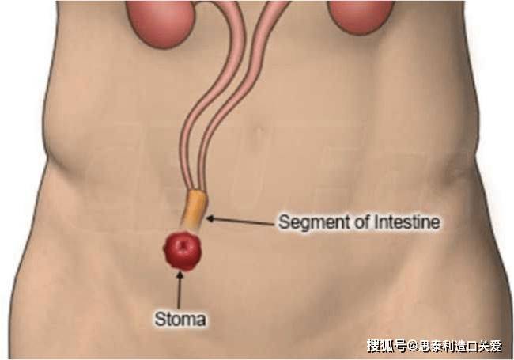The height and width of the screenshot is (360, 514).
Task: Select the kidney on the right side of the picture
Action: click(x=361, y=15)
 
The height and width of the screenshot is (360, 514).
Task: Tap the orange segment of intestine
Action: click(x=195, y=210)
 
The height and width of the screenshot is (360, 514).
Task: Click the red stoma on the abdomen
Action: click(x=183, y=251)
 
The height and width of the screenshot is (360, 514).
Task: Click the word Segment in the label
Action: click(x=314, y=223)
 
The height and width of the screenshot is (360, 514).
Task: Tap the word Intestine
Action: click(x=406, y=222)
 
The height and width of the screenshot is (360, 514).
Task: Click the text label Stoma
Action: click(x=180, y=319)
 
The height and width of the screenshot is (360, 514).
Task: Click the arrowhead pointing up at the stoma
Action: click(x=180, y=276)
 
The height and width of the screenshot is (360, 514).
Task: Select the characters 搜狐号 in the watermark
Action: click(x=387, y=346)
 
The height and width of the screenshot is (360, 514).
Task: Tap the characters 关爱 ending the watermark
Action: click(x=489, y=346)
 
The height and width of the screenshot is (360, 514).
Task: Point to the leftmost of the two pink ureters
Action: click(x=210, y=98)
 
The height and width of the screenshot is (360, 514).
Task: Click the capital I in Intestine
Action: click(x=376, y=222)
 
